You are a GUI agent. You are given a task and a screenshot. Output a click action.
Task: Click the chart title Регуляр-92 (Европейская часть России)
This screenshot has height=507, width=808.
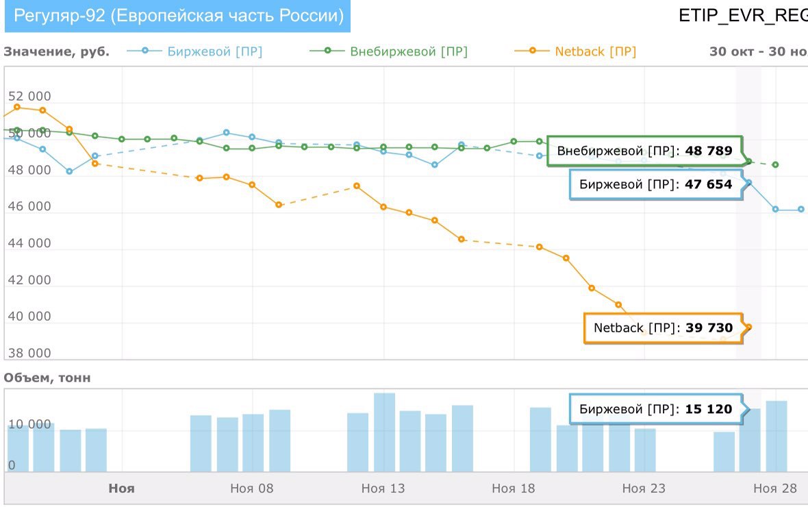tap(179, 16)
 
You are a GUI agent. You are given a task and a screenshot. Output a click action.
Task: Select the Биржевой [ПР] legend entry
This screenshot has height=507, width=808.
tap(214, 51)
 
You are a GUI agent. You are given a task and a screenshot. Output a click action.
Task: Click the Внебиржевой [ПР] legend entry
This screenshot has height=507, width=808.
tap(408, 51)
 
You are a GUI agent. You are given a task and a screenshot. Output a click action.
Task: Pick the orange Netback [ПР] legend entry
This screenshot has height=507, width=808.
tap(595, 51)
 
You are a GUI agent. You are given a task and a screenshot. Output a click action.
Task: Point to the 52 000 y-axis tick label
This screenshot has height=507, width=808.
tap(29, 97)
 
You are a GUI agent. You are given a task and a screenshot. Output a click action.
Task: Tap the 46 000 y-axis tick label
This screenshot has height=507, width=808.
tap(29, 206)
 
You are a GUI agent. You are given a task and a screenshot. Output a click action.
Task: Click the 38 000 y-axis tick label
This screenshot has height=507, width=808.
tap(29, 354)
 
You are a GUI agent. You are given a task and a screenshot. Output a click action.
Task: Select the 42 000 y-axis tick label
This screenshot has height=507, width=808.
tap(29, 280)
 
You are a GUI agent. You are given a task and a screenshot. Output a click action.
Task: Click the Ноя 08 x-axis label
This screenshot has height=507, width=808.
tap(252, 489)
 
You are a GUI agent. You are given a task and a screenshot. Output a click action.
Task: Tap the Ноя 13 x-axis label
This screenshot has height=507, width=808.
tap(383, 489)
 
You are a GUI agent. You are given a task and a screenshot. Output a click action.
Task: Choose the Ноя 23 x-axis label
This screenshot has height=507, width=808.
tap(644, 489)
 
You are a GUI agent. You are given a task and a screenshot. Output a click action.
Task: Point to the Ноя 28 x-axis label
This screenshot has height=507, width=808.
tap(775, 489)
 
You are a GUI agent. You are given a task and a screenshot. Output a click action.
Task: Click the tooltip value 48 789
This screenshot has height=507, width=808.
tap(709, 151)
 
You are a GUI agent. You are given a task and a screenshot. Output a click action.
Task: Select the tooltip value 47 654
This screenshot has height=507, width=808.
tap(709, 184)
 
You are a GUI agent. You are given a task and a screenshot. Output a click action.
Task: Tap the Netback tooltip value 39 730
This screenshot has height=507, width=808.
tap(709, 328)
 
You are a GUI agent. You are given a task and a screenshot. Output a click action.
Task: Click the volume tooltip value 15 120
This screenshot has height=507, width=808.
tap(709, 409)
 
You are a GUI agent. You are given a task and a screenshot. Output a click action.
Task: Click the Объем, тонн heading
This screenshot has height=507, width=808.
tap(47, 378)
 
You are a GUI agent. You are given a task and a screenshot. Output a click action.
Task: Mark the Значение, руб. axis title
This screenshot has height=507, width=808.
tap(56, 51)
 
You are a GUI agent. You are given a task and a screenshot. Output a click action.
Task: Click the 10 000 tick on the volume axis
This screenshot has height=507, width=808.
tap(29, 425)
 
